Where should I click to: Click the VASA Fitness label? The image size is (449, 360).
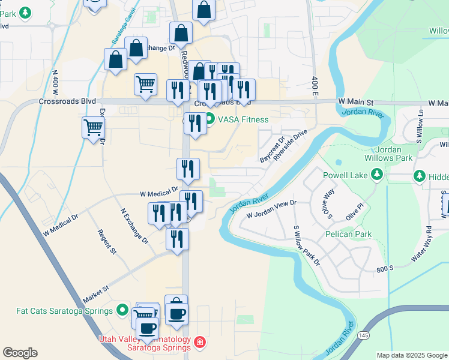tap(243, 119)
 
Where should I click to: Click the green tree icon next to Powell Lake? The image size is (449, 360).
tap(376, 175)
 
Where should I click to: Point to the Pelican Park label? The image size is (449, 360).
tap(349, 234)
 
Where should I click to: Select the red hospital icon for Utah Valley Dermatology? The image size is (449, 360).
tap(199, 343)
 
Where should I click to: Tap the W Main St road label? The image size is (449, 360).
tap(355, 103)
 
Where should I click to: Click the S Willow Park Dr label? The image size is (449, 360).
tap(298, 245)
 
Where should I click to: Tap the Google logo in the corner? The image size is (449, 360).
tap(20, 353)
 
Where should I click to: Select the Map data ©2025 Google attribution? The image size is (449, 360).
tap(411, 355)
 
